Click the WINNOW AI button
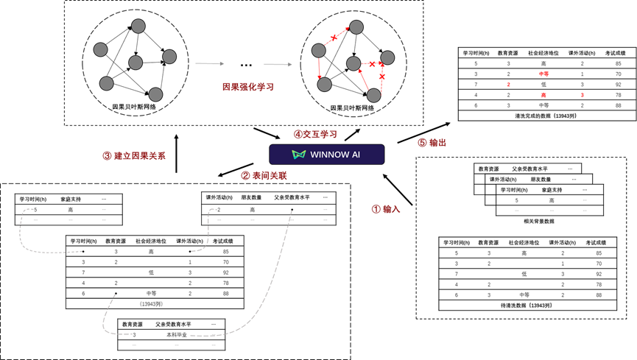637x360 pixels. pos(326,154)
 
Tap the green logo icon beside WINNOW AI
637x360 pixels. pos(299,155)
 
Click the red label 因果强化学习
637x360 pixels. pos(248,87)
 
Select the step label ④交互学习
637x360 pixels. pos(315,135)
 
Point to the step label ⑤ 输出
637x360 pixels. pos(432,143)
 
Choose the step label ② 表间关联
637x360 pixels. pos(264,176)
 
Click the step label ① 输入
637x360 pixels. pos(386,209)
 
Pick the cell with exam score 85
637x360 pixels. pos(225,251)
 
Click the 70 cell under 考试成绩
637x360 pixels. pos(225,262)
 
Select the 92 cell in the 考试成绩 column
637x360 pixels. pos(225,272)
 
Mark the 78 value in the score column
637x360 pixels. pos(225,283)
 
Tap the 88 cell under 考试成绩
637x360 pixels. pos(225,293)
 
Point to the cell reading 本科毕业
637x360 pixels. pos(177,335)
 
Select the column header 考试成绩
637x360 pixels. pos(222,241)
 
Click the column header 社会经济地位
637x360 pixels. pos(151,241)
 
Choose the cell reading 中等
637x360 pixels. pos(151,293)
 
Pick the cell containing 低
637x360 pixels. pos(151,272)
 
